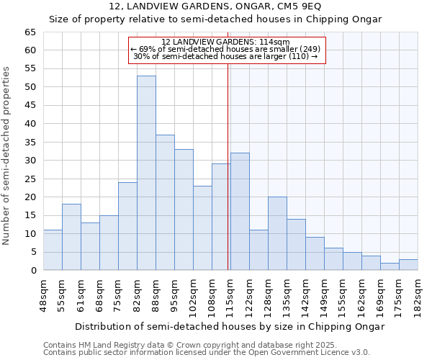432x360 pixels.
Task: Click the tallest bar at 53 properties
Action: (x=146, y=173)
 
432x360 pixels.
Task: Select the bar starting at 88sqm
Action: (x=165, y=202)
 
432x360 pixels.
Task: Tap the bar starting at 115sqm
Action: (x=240, y=212)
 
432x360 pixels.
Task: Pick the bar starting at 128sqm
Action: (x=277, y=233)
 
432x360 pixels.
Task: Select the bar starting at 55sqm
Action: (x=71, y=237)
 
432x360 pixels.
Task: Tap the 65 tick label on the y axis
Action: (x=30, y=32)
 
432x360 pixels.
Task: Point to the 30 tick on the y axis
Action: (x=30, y=161)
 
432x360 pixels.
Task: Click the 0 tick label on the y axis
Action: (x=33, y=271)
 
